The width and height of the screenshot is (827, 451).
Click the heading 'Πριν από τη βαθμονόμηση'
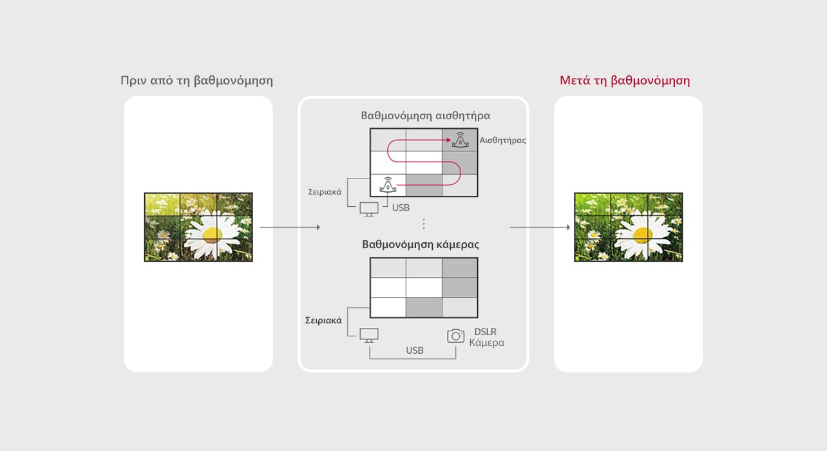[196, 81]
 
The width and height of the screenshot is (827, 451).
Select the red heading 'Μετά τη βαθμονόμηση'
[624, 81]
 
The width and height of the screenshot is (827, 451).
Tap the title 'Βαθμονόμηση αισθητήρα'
[425, 116]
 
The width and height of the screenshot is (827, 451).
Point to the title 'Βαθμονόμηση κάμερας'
[421, 245]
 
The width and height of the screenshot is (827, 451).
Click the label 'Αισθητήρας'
[502, 140]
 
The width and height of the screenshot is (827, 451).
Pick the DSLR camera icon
[455, 336]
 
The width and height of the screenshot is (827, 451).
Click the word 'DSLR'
[485, 332]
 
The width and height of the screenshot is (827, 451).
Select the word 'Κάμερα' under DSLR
[486, 343]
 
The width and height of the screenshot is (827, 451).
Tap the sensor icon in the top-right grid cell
[460, 140]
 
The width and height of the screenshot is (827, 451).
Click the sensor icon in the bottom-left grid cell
[387, 185]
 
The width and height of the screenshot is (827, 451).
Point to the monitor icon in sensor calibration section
[369, 209]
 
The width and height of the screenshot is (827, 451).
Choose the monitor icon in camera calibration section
[369, 335]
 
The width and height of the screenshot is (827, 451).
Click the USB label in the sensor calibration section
[401, 207]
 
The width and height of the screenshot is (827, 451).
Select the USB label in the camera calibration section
[415, 350]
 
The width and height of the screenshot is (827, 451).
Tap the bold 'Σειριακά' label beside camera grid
[323, 320]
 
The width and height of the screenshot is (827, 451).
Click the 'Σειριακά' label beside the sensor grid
[325, 191]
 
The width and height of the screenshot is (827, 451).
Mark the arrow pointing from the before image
[289, 227]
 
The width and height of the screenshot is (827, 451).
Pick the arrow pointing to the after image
[540, 227]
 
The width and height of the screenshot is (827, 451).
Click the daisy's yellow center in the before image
[213, 235]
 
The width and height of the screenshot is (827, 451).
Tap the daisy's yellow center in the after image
[643, 235]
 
